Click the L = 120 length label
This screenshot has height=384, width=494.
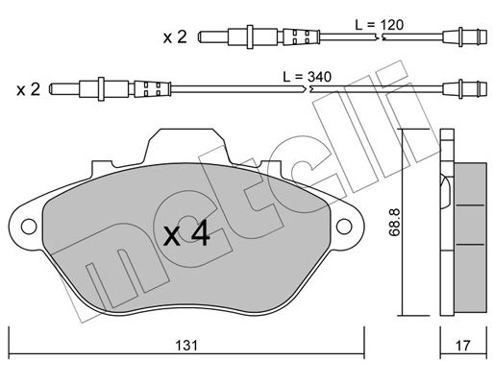click(x=379, y=25)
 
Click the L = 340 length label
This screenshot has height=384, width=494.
click(x=307, y=77)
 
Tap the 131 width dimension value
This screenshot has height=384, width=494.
click(x=186, y=346)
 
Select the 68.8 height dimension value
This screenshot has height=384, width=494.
click(x=394, y=222)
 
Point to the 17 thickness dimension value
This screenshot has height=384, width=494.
click(x=462, y=346)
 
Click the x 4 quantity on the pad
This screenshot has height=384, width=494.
click(x=186, y=234)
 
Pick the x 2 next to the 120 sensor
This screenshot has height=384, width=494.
click(x=175, y=37)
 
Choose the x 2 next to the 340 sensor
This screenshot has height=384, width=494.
click(x=29, y=89)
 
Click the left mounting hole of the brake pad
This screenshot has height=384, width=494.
click(x=29, y=227)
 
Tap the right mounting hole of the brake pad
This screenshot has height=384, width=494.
click(x=344, y=227)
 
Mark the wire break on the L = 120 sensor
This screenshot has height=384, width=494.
click(x=379, y=37)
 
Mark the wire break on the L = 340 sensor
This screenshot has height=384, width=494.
click(x=307, y=88)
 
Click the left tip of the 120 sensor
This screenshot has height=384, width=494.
click(x=199, y=36)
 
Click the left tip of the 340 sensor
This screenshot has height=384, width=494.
click(x=50, y=88)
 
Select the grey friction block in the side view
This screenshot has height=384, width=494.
click(x=471, y=238)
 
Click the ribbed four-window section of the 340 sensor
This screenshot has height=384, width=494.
click(x=152, y=89)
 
